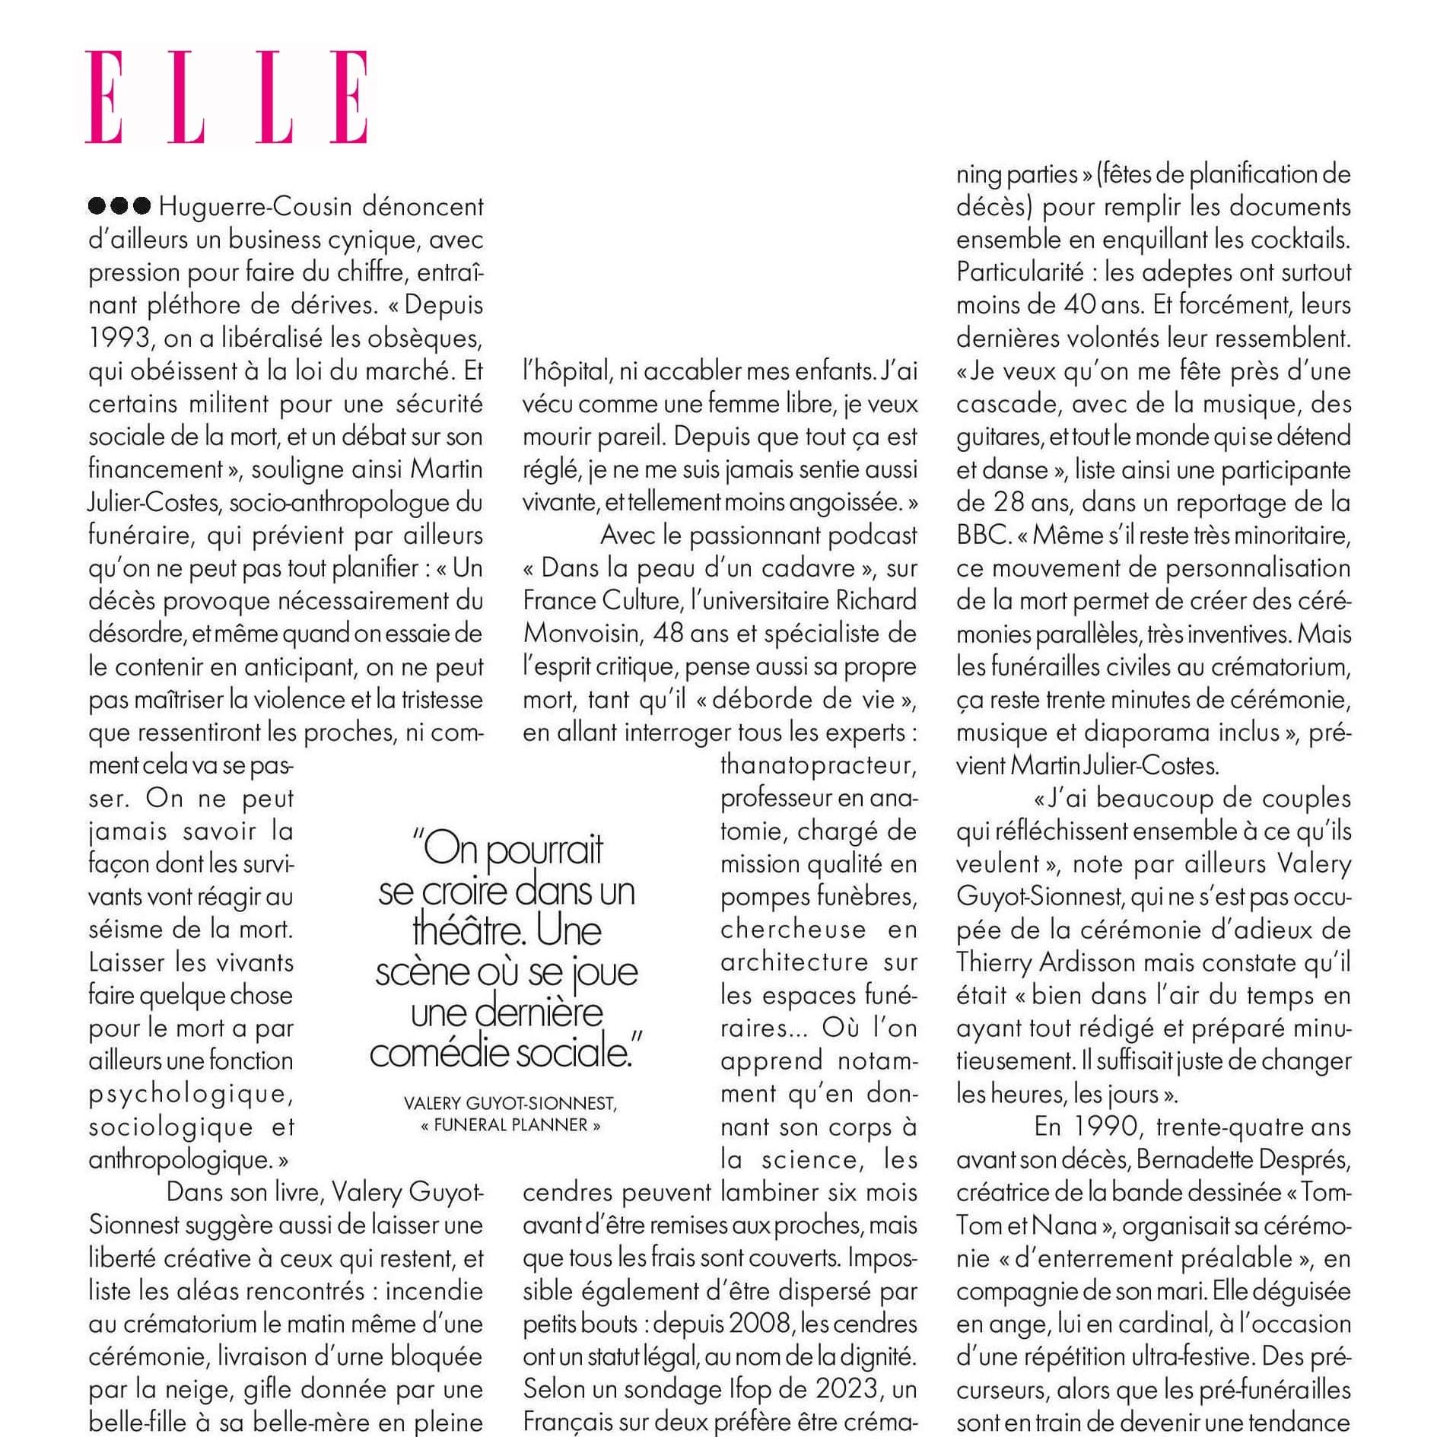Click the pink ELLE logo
[x=227, y=97]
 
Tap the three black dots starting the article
[x=119, y=206]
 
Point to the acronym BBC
[x=981, y=536]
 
